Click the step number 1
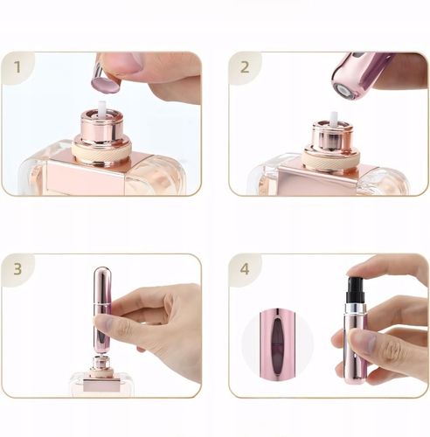click(x=17, y=66)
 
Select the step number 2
click(x=245, y=66)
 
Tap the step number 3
click(x=17, y=269)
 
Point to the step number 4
click(x=245, y=269)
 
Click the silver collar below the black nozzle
click(x=356, y=308)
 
